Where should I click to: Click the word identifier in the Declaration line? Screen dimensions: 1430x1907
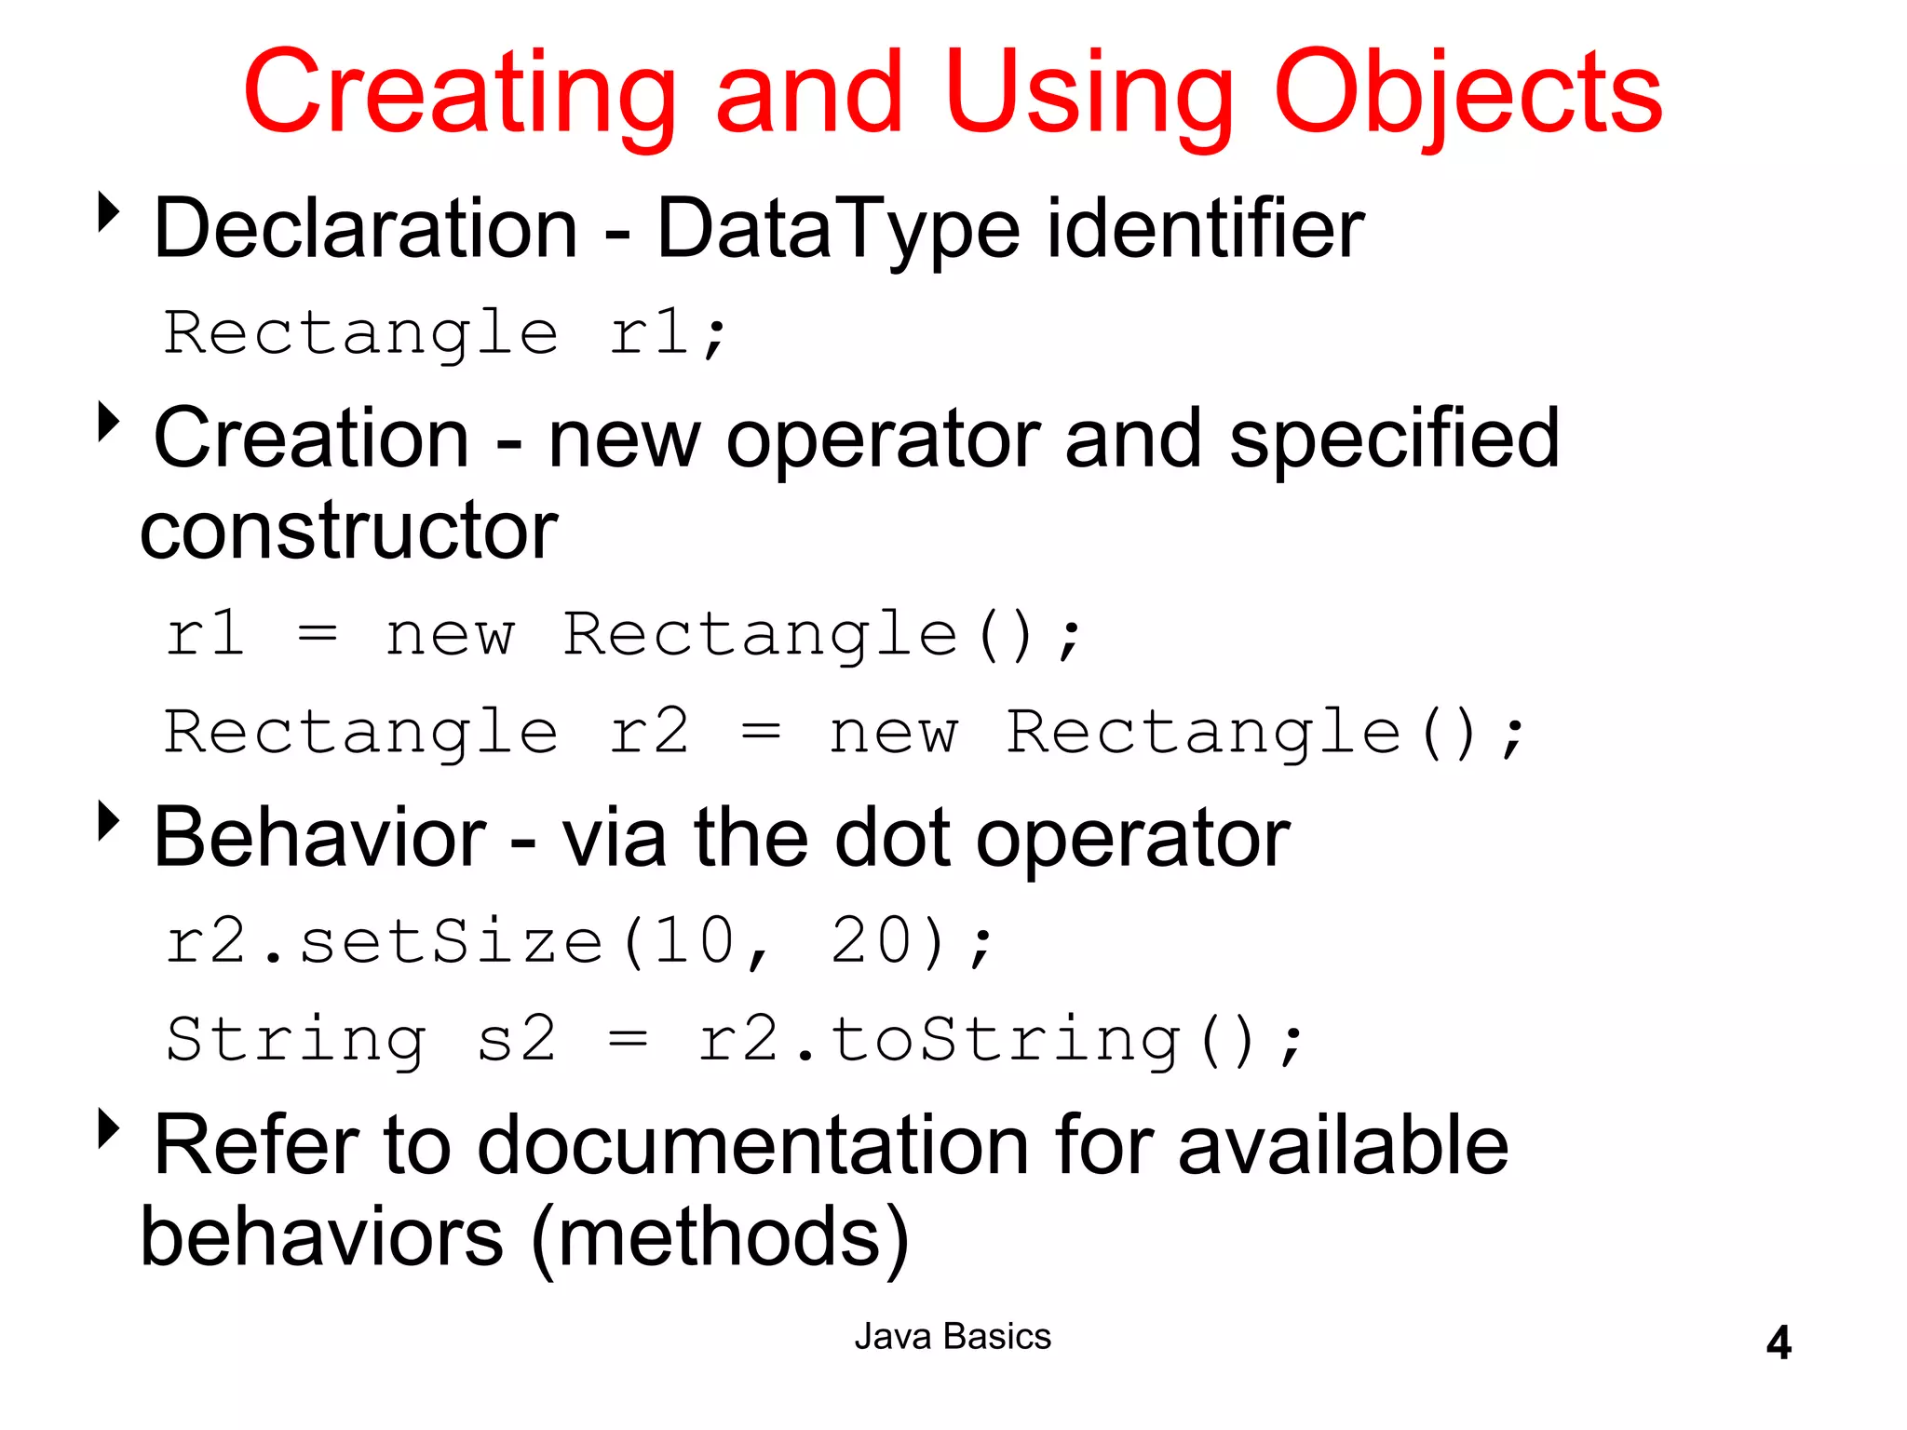(1205, 229)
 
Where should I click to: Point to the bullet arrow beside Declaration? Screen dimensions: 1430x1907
(109, 212)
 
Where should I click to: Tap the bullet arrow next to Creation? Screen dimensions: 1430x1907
(109, 422)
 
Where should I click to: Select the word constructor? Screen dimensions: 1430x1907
(349, 531)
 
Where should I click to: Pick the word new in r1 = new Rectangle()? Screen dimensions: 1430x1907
(450, 636)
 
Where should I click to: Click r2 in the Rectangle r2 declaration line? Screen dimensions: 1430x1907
(649, 732)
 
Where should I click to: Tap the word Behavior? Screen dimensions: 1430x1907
(319, 838)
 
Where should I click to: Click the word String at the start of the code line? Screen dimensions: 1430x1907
(296, 1039)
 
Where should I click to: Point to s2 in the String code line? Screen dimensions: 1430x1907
(517, 1039)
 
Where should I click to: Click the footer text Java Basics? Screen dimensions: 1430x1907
(953, 1337)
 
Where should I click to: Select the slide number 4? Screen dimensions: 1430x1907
(1779, 1342)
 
